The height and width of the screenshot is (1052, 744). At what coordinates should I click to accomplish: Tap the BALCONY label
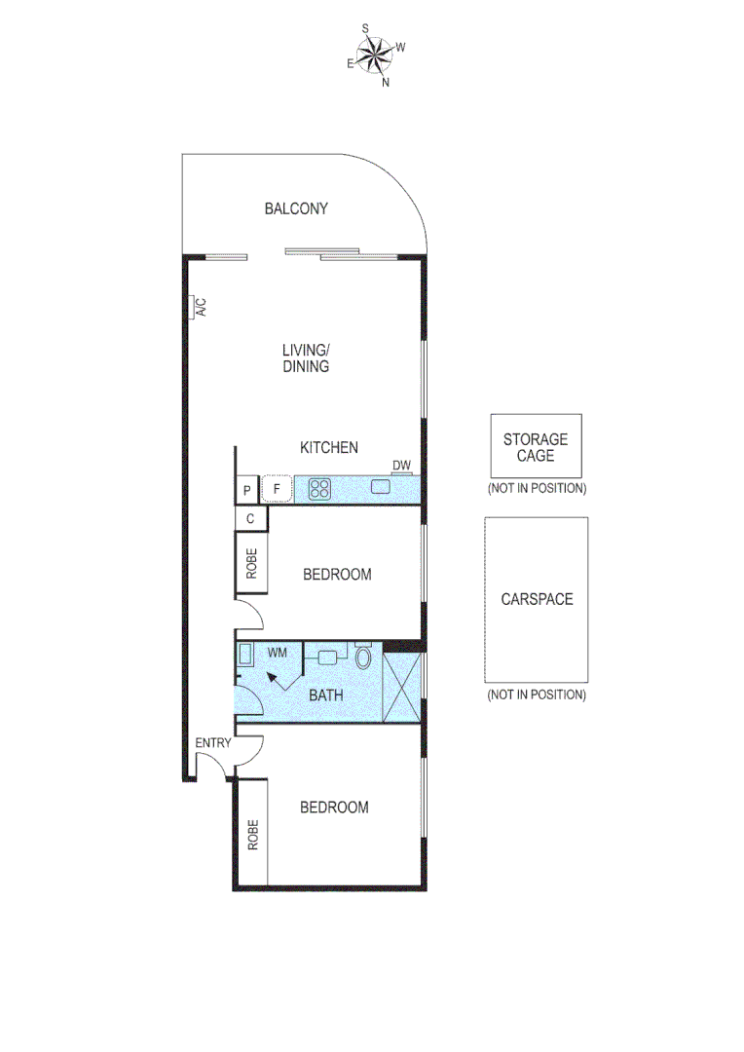tap(296, 208)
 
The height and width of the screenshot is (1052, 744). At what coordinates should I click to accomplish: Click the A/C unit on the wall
tap(198, 308)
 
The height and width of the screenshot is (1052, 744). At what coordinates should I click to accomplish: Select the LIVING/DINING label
tap(306, 358)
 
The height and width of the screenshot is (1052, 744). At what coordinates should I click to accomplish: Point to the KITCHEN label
tap(328, 448)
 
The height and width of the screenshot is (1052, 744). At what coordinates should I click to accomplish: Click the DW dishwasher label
tap(401, 466)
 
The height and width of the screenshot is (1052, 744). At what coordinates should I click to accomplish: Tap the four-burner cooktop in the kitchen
tap(320, 489)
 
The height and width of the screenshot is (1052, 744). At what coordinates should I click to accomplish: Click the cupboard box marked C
tap(250, 518)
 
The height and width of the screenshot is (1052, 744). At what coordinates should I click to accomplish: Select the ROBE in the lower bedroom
tap(251, 835)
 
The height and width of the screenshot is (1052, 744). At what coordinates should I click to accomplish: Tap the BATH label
tap(324, 695)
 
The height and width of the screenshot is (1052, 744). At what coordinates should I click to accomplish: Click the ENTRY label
tap(213, 743)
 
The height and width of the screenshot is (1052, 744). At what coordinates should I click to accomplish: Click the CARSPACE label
tap(537, 599)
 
